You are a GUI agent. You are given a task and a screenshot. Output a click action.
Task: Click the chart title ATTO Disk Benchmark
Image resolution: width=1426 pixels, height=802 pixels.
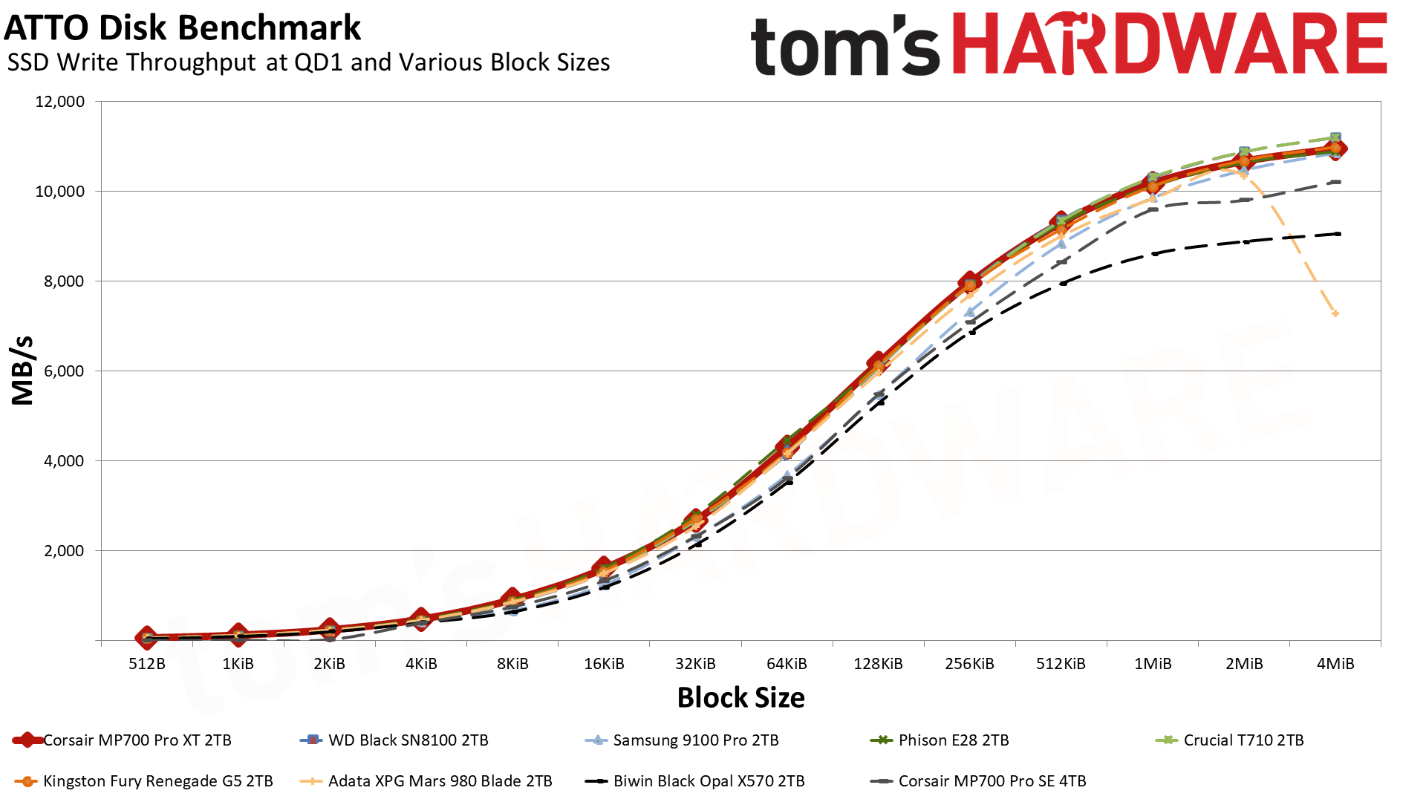pos(182,28)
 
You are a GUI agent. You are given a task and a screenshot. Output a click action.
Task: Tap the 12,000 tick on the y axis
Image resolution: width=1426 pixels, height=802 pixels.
pos(60,102)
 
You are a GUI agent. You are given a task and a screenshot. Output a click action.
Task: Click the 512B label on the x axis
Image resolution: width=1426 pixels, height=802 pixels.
pos(147,664)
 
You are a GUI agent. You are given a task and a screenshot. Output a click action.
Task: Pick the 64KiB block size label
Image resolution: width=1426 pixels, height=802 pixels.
pos(787,664)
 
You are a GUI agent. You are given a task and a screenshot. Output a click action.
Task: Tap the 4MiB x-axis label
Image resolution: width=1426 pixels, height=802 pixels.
pos(1335,664)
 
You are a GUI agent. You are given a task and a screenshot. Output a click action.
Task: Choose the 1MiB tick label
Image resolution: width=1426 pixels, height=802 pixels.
pos(1152,664)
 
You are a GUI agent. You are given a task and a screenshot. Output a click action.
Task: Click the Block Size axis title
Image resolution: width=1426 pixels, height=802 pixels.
pos(740,698)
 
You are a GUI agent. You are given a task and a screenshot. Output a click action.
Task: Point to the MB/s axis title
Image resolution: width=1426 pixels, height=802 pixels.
pos(23,371)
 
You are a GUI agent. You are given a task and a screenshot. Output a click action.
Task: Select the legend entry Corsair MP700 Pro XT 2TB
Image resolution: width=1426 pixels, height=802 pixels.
pos(137,740)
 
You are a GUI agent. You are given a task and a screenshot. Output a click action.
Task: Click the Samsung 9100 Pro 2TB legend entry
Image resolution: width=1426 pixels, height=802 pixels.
pos(695,740)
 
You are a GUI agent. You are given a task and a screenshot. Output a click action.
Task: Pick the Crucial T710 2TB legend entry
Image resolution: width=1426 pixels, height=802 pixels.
pos(1243,740)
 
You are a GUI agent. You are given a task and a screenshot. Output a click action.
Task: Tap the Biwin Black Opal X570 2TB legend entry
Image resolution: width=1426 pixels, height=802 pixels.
pos(709,781)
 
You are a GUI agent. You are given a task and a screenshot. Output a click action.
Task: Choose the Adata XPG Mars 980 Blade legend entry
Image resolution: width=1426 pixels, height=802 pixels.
pos(440,781)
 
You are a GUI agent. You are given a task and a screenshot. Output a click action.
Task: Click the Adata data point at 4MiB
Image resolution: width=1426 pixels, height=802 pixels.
pos(1335,314)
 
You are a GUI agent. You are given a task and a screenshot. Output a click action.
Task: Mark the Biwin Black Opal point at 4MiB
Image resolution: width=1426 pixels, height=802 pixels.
pos(1338,234)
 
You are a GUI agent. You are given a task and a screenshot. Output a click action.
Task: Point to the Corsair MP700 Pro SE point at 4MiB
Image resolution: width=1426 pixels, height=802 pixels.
pos(1338,182)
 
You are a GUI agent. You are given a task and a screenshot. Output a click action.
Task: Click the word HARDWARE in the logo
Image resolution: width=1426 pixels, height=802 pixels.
pos(1169,45)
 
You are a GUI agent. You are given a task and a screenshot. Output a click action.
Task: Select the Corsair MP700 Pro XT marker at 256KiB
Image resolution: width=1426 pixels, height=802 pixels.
pos(969,282)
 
